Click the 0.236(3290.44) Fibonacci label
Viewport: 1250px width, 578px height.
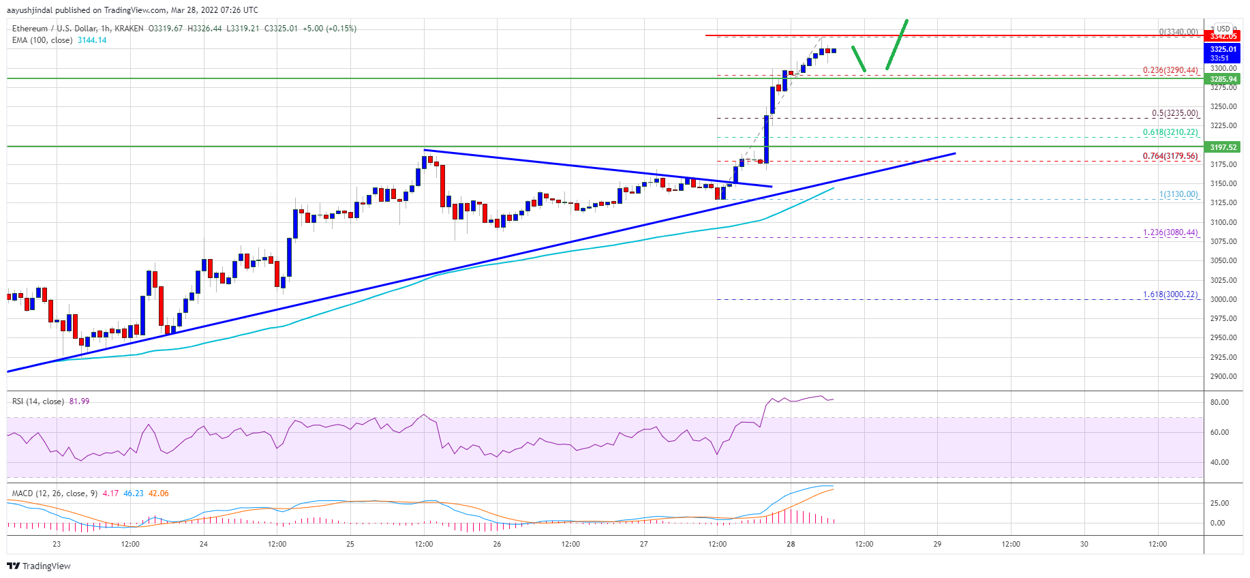[x=1170, y=70]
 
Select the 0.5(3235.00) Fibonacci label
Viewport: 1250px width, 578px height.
[x=1174, y=113]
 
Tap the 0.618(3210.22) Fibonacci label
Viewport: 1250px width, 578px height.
[x=1170, y=132]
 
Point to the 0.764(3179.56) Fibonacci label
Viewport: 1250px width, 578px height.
[x=1170, y=156]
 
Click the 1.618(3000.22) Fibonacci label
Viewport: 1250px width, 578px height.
[x=1170, y=294]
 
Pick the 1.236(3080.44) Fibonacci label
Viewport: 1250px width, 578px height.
[x=1170, y=232]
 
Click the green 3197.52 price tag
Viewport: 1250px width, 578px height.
[x=1223, y=147]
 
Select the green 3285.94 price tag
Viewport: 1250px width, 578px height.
[x=1223, y=79]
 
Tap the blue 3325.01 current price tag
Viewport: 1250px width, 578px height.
[x=1223, y=49]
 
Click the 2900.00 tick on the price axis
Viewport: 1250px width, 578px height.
[x=1223, y=376]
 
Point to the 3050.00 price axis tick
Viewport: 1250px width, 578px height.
[x=1223, y=260]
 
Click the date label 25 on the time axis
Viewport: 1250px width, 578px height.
[x=350, y=544]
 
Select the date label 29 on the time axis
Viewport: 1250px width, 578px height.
[x=937, y=544]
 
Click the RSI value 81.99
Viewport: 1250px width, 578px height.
[x=79, y=401]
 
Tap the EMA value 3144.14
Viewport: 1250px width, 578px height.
[x=92, y=40]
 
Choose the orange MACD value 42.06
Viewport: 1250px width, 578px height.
[x=158, y=493]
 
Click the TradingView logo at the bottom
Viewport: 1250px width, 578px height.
[x=39, y=566]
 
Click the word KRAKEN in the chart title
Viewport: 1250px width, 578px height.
[x=129, y=29]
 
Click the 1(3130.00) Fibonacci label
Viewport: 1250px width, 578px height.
[x=1178, y=194]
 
